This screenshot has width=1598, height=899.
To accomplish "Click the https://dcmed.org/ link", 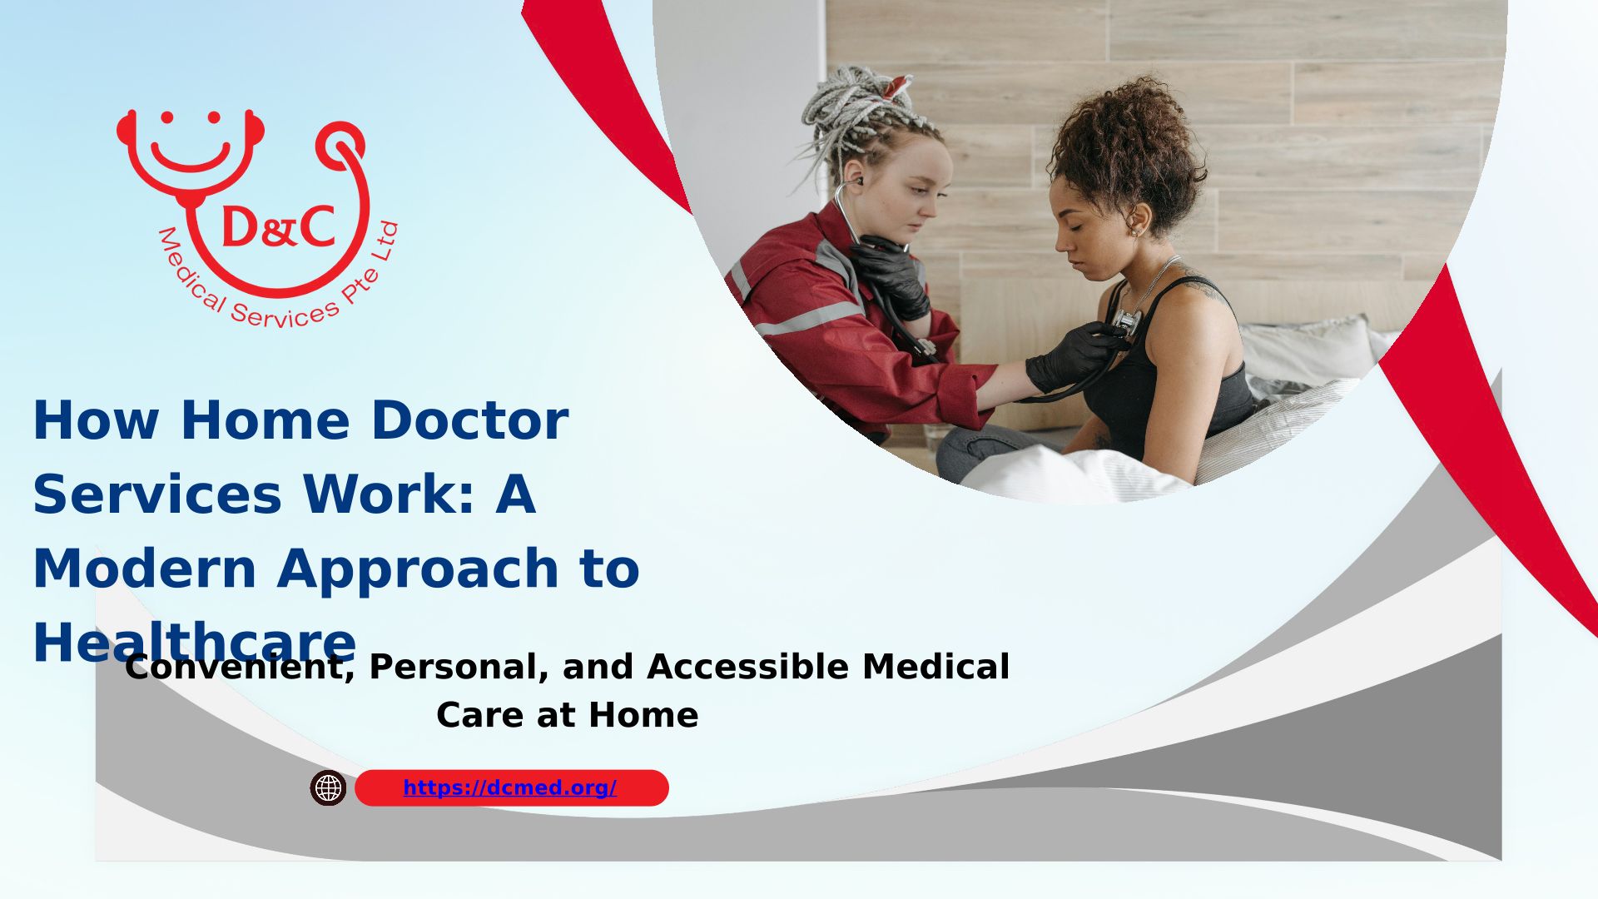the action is pos(509,787).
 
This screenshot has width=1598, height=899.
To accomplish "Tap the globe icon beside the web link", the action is pos(328,787).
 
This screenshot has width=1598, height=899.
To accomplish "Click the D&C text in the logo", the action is pos(278,226).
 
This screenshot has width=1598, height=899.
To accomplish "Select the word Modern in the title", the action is pos(144,569).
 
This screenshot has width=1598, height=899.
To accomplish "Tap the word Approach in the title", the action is pos(418,570).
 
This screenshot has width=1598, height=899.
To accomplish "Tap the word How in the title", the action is pos(96,420).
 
